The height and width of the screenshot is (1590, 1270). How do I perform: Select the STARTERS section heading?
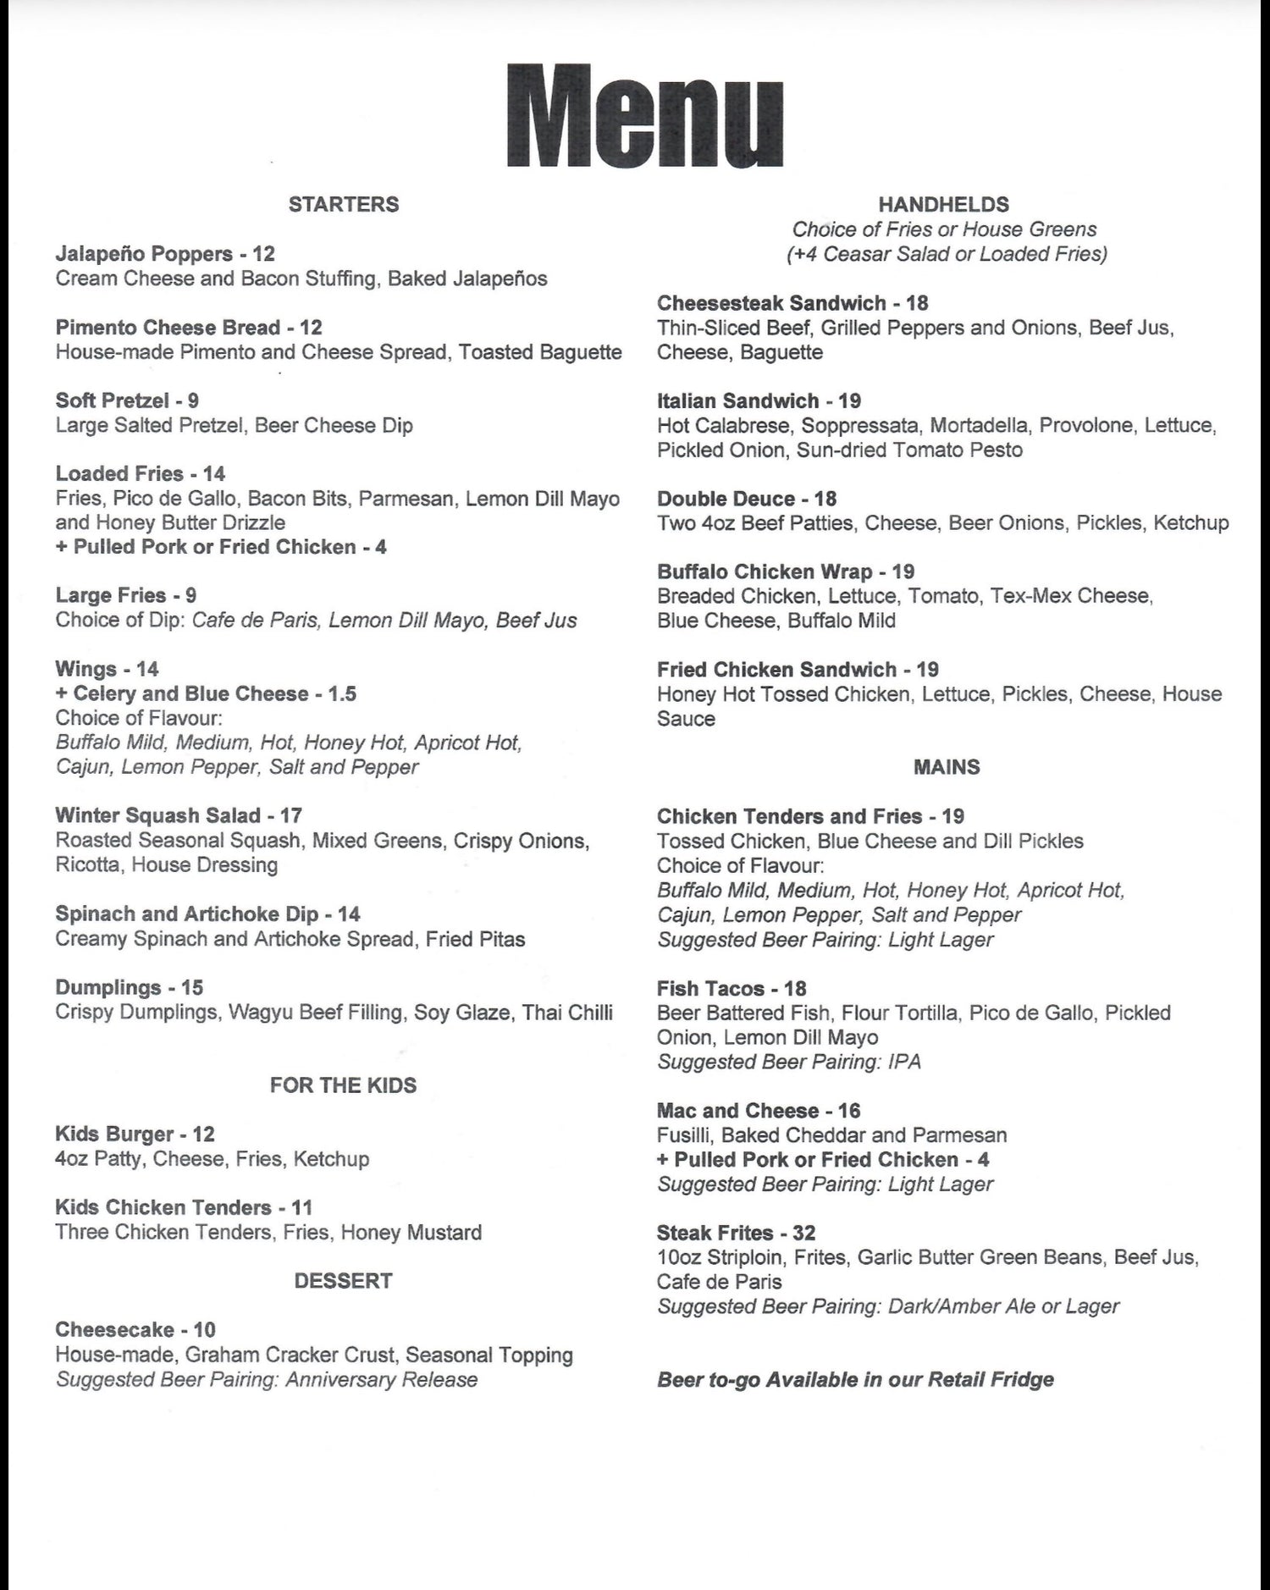tap(343, 204)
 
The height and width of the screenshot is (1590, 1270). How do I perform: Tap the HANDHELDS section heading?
tap(943, 204)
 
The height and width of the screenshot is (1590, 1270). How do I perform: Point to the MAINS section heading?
tap(947, 767)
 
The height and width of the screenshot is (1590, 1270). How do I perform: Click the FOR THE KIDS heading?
tap(343, 1085)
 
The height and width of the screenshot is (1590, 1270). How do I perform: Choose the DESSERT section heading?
tap(343, 1281)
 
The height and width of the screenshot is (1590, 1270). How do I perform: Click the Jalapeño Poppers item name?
tap(144, 254)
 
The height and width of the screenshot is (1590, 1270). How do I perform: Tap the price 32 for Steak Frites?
tap(804, 1233)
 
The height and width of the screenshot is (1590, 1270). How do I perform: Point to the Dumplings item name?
tap(108, 987)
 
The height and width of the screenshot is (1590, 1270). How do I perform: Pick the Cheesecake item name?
tap(114, 1329)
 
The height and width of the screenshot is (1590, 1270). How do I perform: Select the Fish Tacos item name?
tap(710, 988)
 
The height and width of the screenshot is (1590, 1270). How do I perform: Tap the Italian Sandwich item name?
tap(737, 400)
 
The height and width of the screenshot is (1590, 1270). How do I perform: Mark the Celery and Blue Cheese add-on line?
tap(206, 693)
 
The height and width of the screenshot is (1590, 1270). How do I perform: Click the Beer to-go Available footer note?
tap(855, 1380)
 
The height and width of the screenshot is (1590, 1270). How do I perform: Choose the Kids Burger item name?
tap(114, 1135)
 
